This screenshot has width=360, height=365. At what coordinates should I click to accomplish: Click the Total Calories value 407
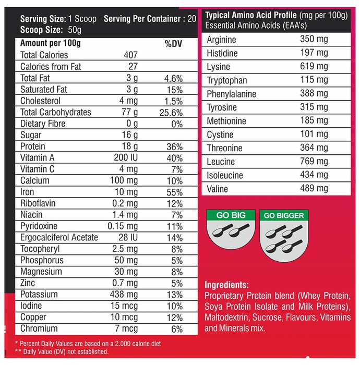click(x=130, y=55)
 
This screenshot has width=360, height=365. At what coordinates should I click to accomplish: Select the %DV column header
click(x=173, y=44)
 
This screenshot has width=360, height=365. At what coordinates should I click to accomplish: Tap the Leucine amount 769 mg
click(x=314, y=161)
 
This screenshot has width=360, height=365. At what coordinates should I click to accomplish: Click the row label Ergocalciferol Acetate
click(x=59, y=237)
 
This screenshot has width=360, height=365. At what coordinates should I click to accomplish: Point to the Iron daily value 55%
click(x=175, y=192)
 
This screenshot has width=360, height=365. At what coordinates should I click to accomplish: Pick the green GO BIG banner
click(x=231, y=215)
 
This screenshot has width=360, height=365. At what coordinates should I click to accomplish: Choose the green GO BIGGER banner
click(x=284, y=215)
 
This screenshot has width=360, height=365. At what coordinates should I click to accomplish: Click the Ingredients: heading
click(x=226, y=285)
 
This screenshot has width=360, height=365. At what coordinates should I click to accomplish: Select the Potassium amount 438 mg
click(x=124, y=295)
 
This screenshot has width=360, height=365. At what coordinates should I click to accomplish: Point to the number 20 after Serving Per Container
click(x=192, y=19)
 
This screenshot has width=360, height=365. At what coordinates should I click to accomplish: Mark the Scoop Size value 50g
click(x=75, y=30)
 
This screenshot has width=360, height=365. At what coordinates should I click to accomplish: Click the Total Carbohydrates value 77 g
click(x=130, y=112)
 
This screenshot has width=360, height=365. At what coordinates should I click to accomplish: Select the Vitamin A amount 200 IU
click(x=126, y=157)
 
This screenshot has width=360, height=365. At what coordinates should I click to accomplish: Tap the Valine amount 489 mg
click(x=314, y=188)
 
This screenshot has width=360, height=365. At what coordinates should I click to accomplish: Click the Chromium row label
click(x=39, y=328)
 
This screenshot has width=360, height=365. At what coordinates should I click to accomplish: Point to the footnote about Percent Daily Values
click(x=88, y=344)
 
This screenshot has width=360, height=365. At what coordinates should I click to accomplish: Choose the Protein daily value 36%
click(x=175, y=147)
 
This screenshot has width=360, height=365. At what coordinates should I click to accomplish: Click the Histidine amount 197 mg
click(x=314, y=53)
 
